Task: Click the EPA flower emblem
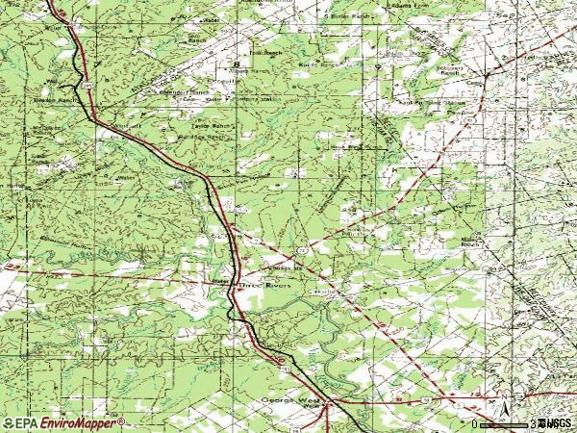9,422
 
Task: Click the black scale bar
506,423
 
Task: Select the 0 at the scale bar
474,423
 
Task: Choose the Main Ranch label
468,242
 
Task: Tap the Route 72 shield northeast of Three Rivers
301,250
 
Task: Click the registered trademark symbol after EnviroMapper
121,420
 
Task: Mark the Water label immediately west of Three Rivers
218,281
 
